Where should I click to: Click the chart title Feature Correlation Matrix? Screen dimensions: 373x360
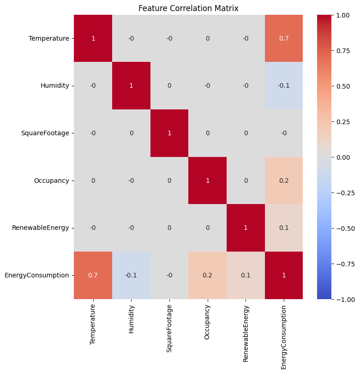(188, 8)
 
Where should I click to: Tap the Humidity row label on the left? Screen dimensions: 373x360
(55, 86)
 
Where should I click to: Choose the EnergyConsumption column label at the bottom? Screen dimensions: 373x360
(284, 337)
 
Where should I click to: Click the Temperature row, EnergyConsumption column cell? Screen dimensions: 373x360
(284, 38)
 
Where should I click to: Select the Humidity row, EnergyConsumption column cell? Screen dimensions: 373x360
(284, 86)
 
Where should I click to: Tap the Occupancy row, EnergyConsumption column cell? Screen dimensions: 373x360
(284, 180)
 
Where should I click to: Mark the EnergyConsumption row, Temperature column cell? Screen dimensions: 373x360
(93, 275)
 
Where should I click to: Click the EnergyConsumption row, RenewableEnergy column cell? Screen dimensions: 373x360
(246, 275)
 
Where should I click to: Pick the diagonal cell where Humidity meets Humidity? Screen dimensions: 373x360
(131, 86)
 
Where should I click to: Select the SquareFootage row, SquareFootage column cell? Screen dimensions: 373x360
(169, 133)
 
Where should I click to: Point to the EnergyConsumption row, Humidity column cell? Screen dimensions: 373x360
(131, 275)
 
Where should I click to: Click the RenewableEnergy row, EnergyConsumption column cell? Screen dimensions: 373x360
(284, 228)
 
